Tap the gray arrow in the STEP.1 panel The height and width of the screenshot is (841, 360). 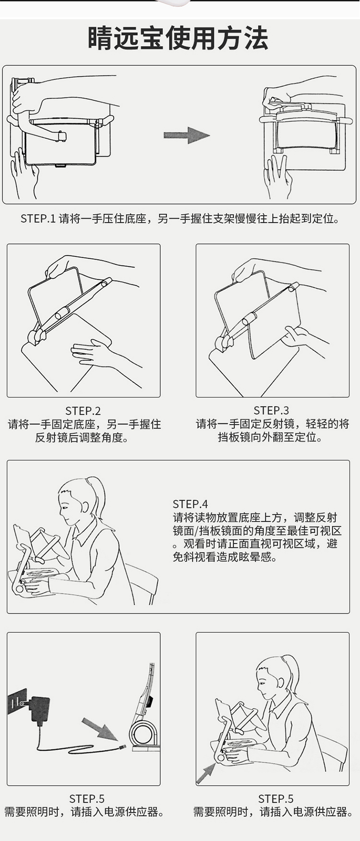[x=187, y=135]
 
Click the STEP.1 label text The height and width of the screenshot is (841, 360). [x=38, y=219]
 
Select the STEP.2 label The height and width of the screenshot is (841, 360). [x=83, y=411]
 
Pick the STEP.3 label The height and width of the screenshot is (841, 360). [x=272, y=410]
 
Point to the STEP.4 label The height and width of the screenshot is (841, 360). [x=191, y=504]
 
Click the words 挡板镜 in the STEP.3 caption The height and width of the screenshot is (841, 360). [x=234, y=437]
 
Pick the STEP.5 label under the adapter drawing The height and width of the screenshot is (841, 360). [x=87, y=799]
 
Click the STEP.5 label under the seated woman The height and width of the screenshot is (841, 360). [x=276, y=799]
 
